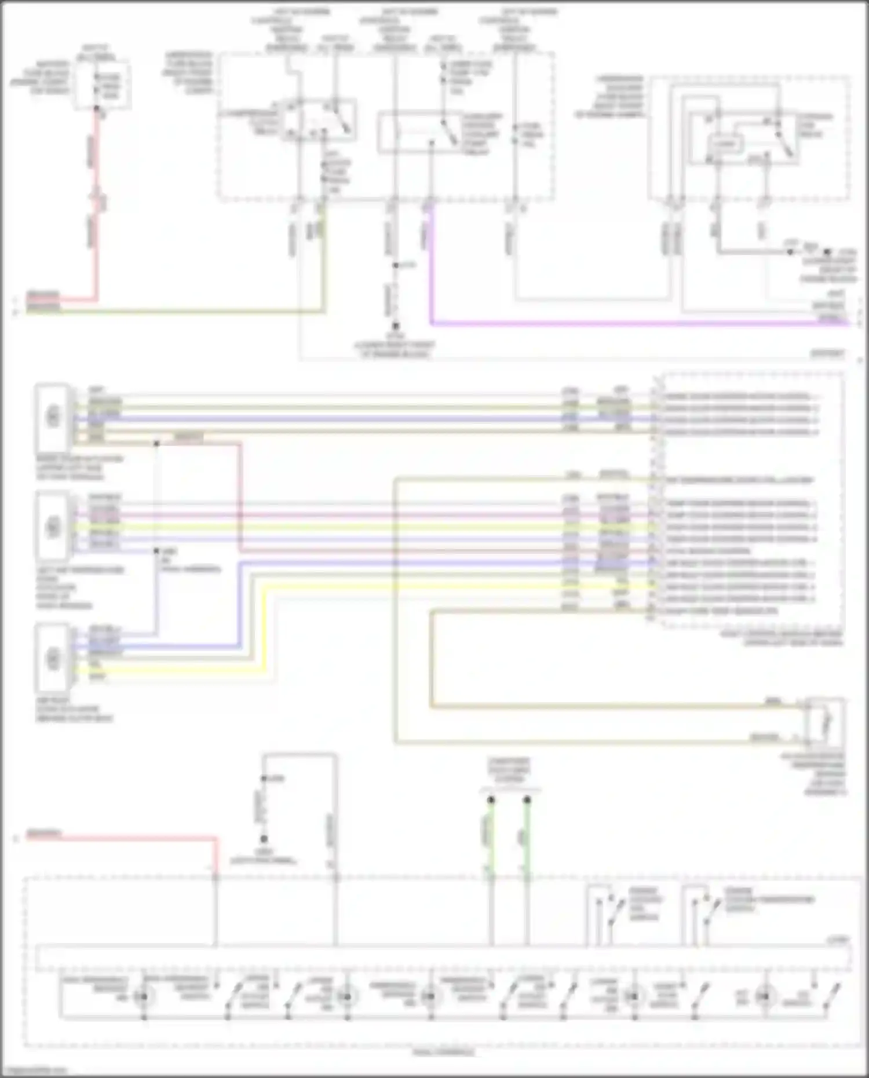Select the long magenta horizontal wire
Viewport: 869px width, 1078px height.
[x=637, y=323]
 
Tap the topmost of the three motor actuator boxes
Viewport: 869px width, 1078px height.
[x=53, y=416]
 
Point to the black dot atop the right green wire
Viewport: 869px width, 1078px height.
[x=527, y=800]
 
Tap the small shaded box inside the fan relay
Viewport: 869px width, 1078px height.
[x=725, y=143]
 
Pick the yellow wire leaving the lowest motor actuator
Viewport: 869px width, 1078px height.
[x=174, y=671]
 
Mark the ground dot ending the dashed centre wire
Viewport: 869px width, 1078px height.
[x=396, y=326]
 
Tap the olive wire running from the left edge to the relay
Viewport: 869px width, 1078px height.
[x=174, y=312]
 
